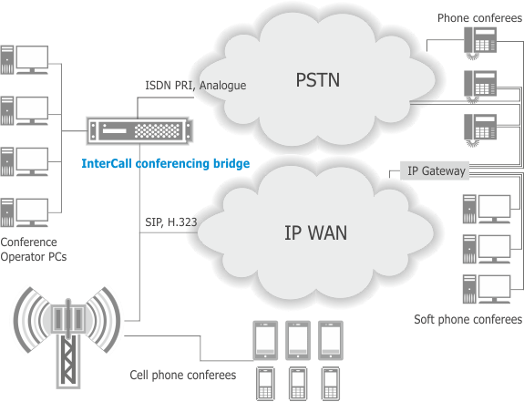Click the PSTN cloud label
pyautogui.click(x=318, y=80)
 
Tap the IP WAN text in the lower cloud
pyautogui.click(x=316, y=232)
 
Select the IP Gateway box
pyautogui.click(x=435, y=170)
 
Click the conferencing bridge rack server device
pyautogui.click(x=139, y=131)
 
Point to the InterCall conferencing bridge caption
pyautogui.click(x=166, y=163)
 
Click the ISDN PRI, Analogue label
pyautogui.click(x=196, y=86)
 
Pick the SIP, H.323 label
pyautogui.click(x=171, y=222)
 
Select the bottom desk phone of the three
pyautogui.click(x=480, y=130)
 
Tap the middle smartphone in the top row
pyautogui.click(x=298, y=341)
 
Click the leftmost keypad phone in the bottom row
pyautogui.click(x=265, y=384)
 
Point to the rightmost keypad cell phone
pyautogui.click(x=331, y=384)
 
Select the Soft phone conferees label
pyautogui.click(x=467, y=319)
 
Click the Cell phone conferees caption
pyautogui.click(x=183, y=375)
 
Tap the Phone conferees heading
pyautogui.click(x=479, y=17)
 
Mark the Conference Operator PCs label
pyautogui.click(x=34, y=249)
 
